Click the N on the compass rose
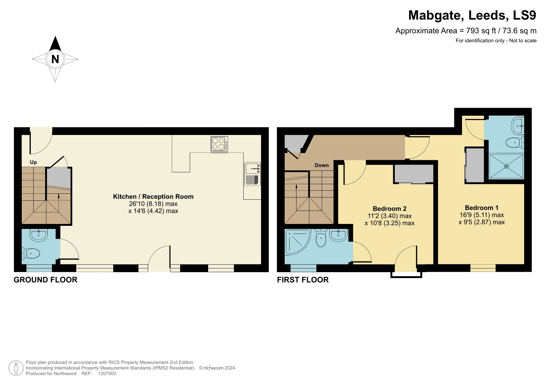[x=55, y=59]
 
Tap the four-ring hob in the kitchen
[x=219, y=144]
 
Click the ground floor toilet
[x=31, y=253]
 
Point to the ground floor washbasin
[x=38, y=235]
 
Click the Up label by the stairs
[x=33, y=162]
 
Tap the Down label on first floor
[x=321, y=165]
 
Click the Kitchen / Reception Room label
[x=153, y=197]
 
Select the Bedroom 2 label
[x=390, y=209]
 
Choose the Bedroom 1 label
[x=481, y=208]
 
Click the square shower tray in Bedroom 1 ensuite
[x=506, y=166]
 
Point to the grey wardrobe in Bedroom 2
[x=414, y=174]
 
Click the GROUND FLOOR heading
[x=45, y=280]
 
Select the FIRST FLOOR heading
[x=303, y=280]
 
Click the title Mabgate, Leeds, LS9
[x=472, y=15]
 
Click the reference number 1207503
[x=107, y=374]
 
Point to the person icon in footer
[x=16, y=368]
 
